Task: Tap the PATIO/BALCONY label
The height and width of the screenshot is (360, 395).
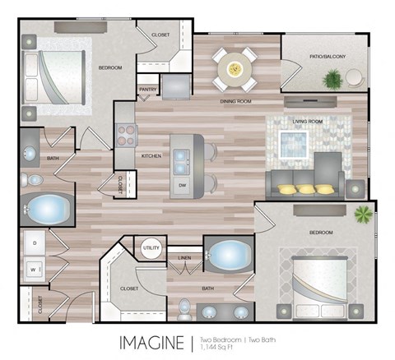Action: coord(328,56)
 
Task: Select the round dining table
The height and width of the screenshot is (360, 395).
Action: coord(236,69)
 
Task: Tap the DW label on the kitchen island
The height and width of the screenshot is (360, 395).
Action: coord(182,186)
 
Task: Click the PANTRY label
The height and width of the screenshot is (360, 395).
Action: coord(148,89)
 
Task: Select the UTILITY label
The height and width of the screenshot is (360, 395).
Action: coord(151,247)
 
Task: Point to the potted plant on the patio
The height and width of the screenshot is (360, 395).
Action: coord(333,79)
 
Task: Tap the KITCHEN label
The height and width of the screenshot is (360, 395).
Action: coord(151,155)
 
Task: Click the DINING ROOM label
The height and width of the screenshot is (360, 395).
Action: coord(235,102)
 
